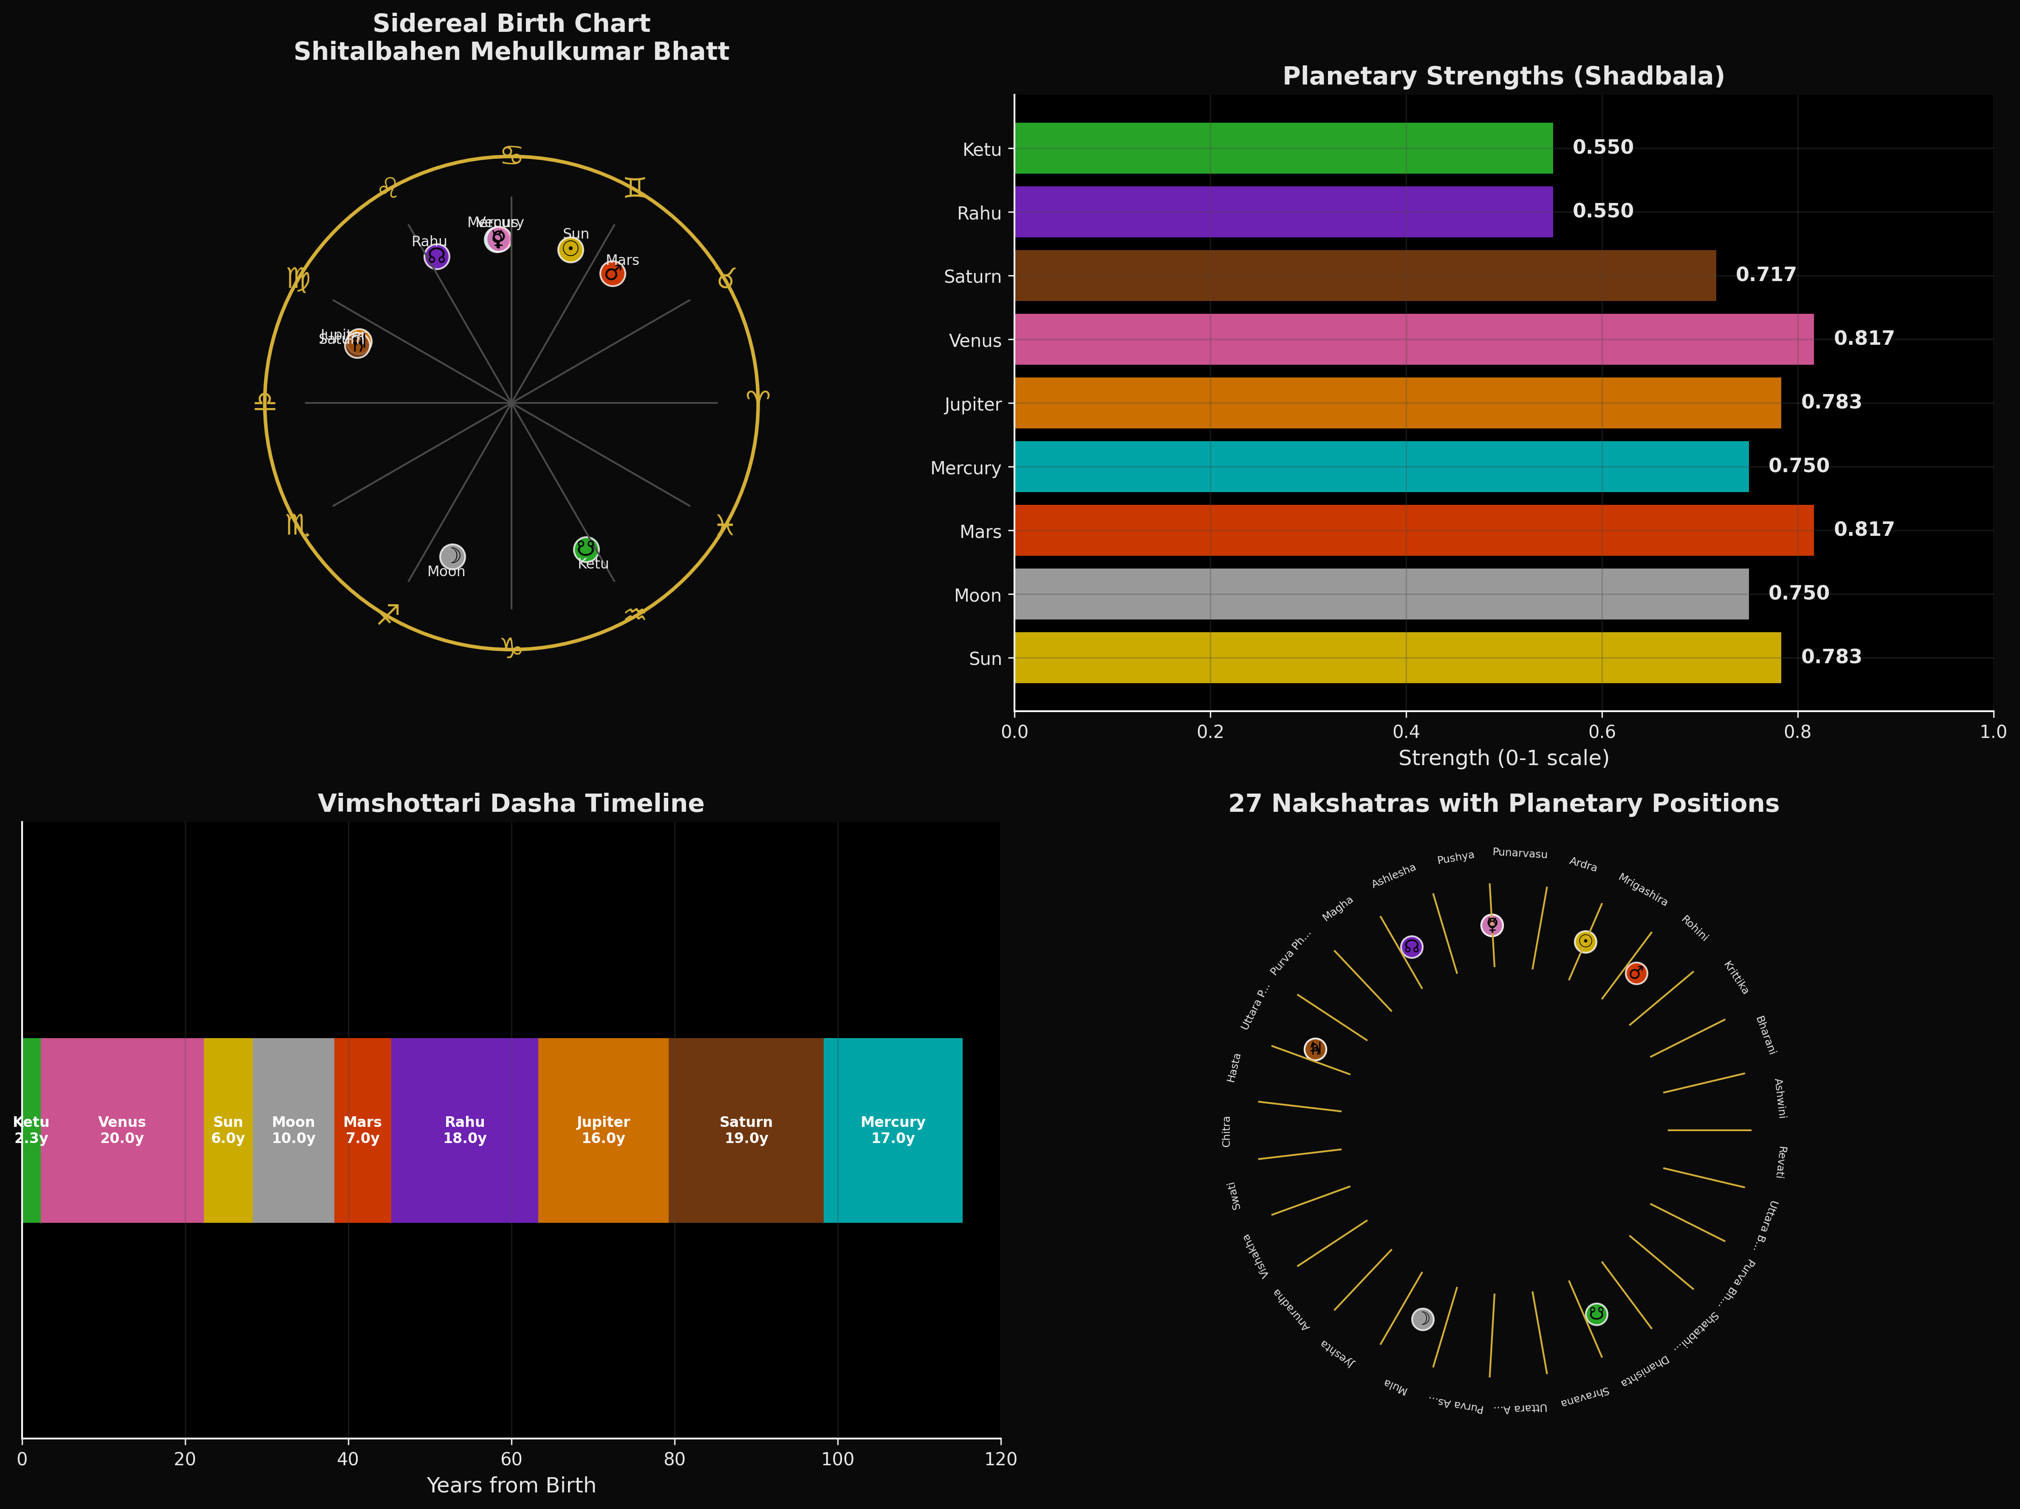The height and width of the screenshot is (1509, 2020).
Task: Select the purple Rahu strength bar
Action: coord(1283,212)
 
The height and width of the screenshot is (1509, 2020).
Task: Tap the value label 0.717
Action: coord(1765,275)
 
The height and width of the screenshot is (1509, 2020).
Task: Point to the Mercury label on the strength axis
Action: coord(965,468)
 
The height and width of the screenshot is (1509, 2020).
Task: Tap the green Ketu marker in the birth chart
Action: coord(586,549)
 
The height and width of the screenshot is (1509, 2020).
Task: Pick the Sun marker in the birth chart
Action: coord(571,249)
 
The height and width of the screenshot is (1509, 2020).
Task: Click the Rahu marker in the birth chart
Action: coord(437,256)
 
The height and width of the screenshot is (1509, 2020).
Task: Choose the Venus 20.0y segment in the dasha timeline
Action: coord(122,1130)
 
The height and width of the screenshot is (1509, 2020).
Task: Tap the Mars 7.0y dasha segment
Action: coord(362,1130)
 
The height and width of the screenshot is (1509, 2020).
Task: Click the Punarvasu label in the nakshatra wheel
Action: coord(1520,853)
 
